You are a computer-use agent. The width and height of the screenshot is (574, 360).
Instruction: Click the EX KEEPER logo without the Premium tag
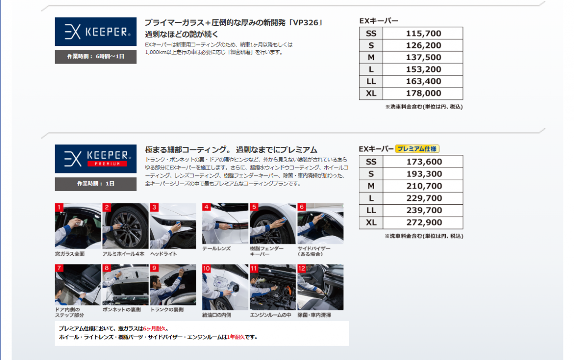[x=96, y=32]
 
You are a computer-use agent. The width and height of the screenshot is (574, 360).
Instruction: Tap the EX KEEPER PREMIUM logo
[x=96, y=159]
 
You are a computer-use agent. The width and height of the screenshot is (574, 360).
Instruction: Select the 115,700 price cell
[x=423, y=33]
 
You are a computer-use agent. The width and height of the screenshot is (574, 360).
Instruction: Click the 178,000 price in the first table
[x=423, y=93]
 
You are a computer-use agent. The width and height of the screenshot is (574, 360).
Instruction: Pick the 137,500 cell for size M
[x=423, y=57]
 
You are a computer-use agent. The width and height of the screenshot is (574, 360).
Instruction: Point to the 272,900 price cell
[x=423, y=222]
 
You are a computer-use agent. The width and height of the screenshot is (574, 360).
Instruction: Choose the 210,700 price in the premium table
[x=423, y=186]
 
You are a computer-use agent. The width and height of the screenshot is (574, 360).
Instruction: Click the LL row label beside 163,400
[x=371, y=81]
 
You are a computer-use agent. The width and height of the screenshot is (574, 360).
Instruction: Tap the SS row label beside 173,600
[x=371, y=162]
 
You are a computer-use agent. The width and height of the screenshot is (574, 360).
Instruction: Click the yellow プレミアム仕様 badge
[x=417, y=149]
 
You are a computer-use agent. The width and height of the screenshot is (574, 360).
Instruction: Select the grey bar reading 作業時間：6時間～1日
[x=96, y=56]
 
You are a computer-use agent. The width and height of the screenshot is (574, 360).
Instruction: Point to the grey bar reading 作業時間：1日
[x=96, y=184]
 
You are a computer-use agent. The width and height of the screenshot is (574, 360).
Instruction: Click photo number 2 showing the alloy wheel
[x=125, y=226]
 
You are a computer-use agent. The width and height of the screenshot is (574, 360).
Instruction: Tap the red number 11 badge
[x=254, y=268]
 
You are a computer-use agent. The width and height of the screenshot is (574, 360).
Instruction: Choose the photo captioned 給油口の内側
[x=225, y=287]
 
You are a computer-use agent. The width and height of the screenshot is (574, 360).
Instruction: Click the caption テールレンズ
[x=217, y=248]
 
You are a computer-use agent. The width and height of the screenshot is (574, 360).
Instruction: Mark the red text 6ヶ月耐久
[x=155, y=328]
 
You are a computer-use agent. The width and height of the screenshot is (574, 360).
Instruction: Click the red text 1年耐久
[x=236, y=337]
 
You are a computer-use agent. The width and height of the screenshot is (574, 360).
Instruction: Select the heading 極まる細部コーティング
[x=186, y=150]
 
